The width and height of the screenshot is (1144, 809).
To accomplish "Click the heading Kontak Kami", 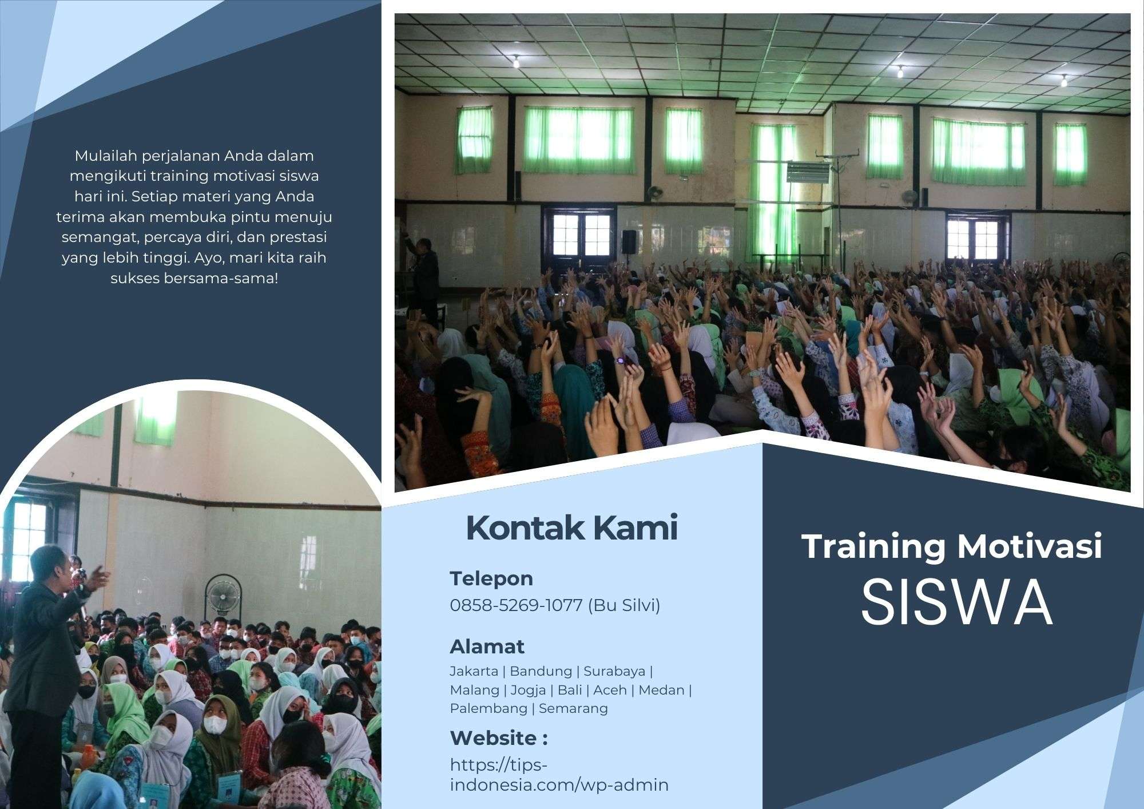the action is pos(572,528).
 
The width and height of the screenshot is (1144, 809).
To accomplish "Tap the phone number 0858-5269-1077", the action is pos(516,605).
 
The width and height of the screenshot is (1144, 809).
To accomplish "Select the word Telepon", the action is pos(491,578).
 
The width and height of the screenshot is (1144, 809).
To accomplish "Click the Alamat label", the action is pos(487,647).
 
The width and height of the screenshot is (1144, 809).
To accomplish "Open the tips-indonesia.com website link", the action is pos(559,775).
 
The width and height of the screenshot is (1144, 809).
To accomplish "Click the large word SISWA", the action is pos(956,604).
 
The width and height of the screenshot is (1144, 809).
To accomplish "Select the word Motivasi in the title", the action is pos(1029,546).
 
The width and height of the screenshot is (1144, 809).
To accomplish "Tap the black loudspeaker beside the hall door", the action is pos(629,241).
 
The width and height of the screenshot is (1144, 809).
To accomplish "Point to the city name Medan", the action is pos(661,690).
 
